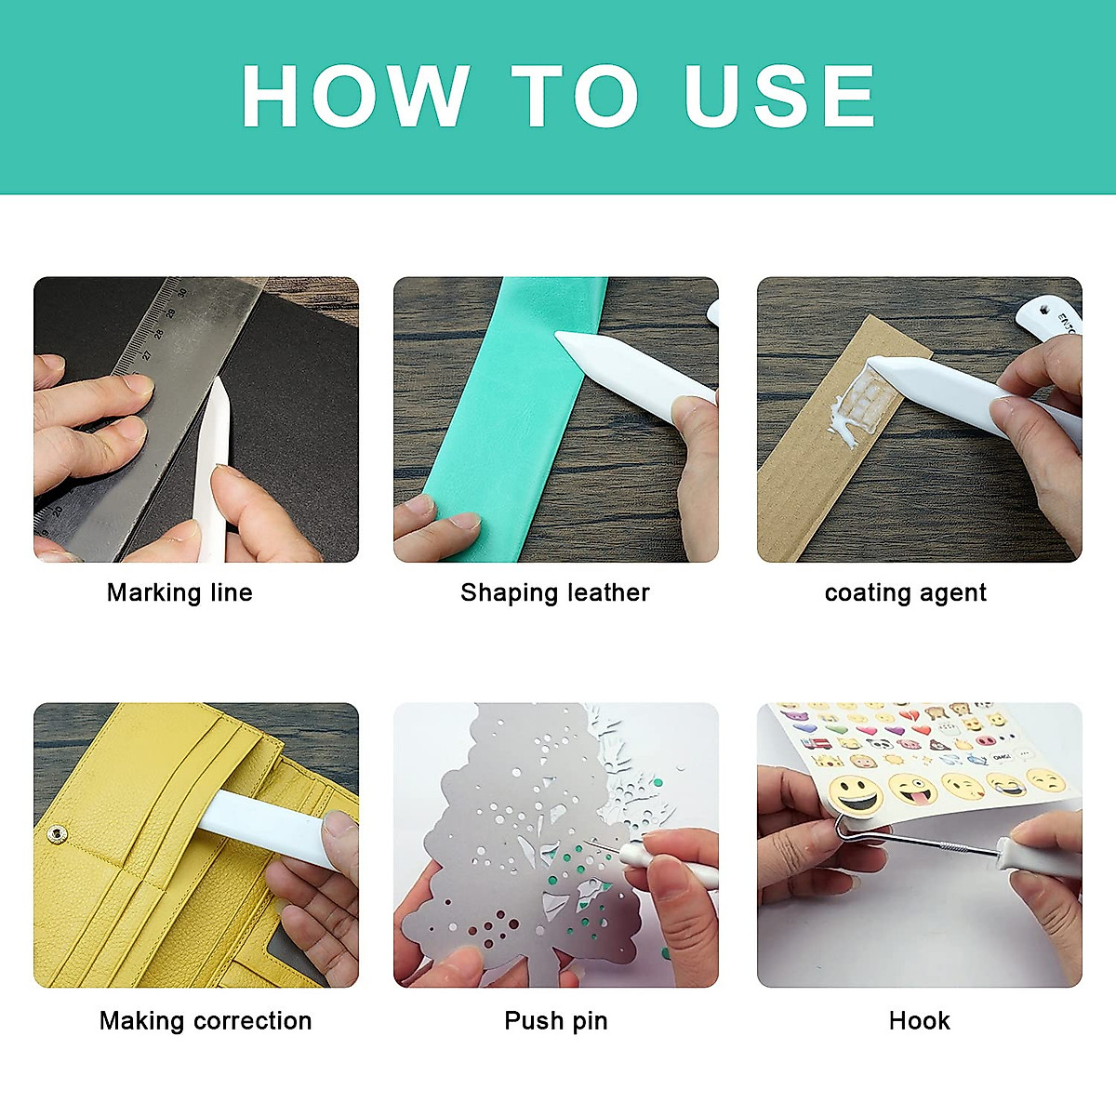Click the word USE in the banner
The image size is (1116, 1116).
[x=779, y=96]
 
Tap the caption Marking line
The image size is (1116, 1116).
[x=179, y=592]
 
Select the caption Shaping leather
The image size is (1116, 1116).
[x=555, y=592]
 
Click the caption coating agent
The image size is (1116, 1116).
[x=905, y=592]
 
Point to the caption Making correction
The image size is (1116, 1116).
[x=206, y=1020]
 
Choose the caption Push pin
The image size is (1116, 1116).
[x=555, y=1020]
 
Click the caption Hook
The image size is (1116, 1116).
[x=919, y=1020]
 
